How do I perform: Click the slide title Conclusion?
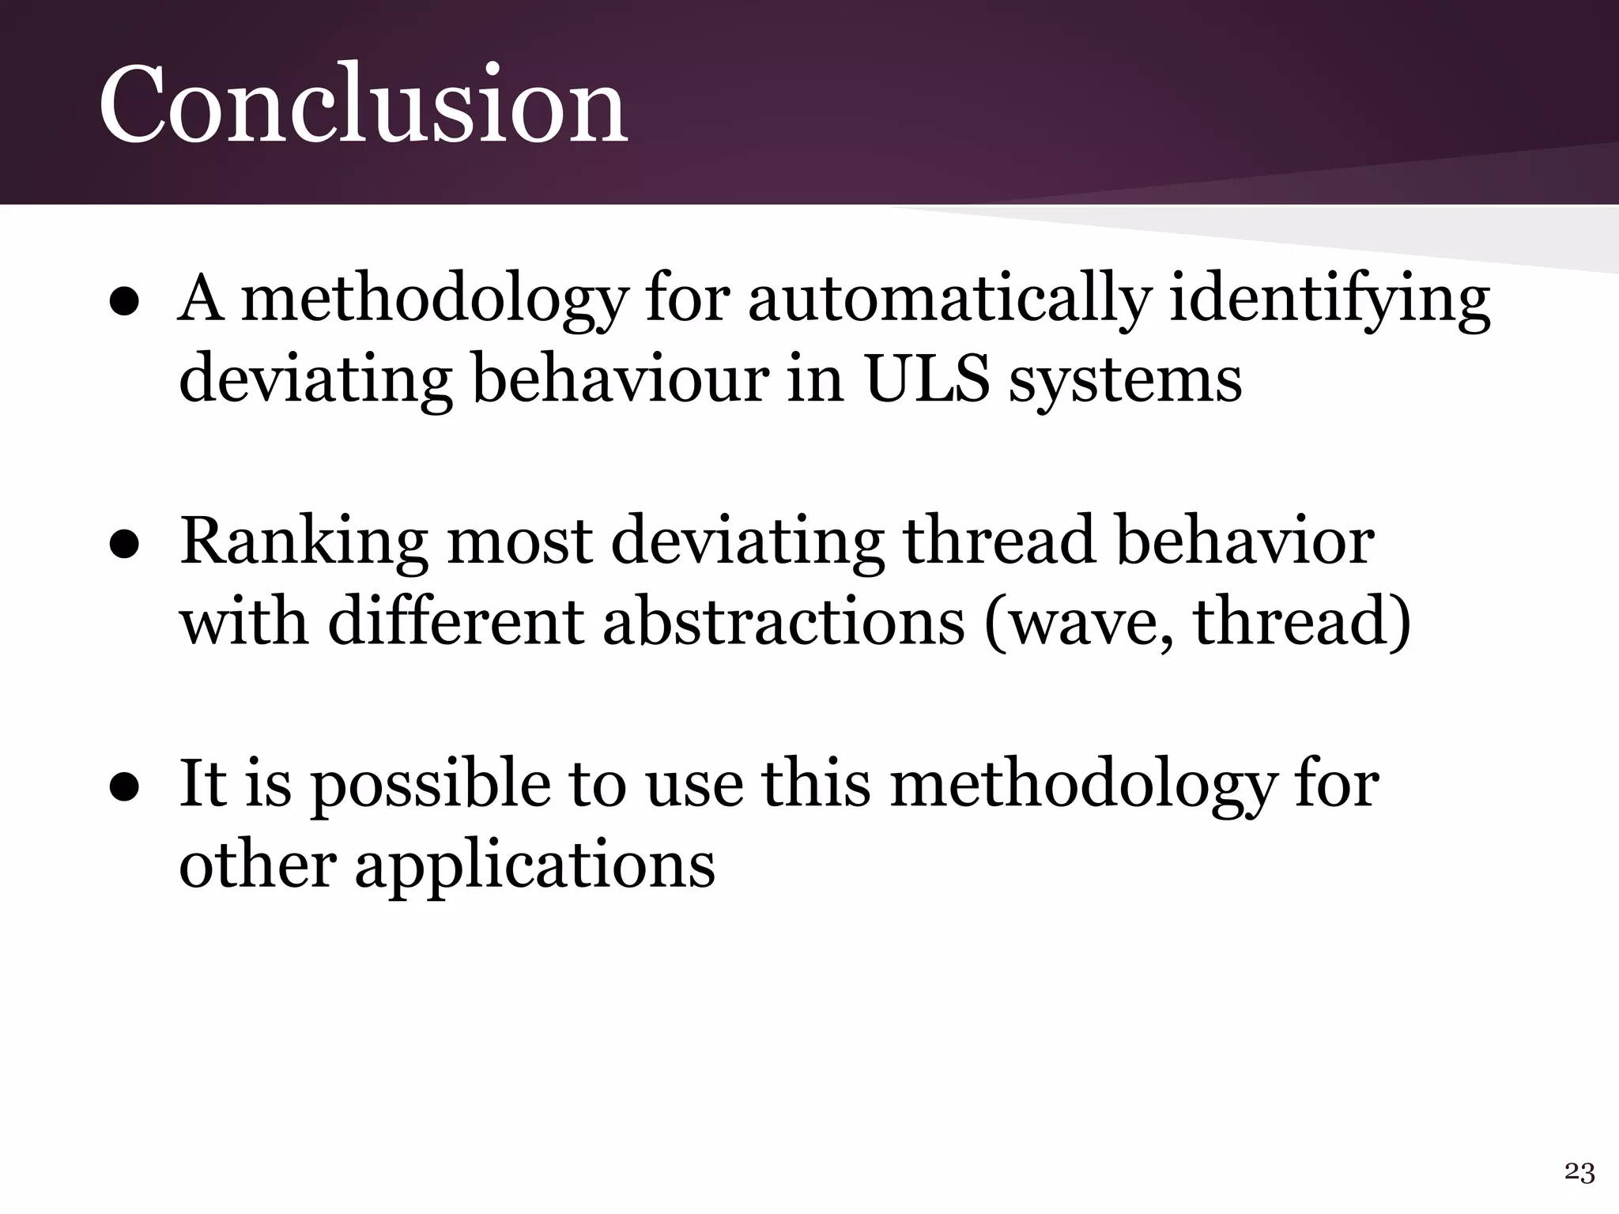(x=363, y=104)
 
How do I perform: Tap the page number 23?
(x=1579, y=1172)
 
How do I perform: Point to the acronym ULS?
(x=926, y=379)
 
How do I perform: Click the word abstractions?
(x=783, y=622)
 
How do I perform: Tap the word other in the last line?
(x=258, y=865)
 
